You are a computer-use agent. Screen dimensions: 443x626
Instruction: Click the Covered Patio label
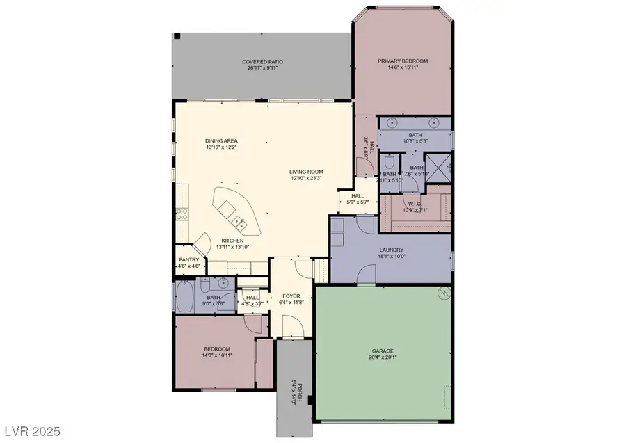pyautogui.click(x=262, y=61)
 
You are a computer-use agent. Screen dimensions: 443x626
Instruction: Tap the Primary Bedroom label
pyautogui.click(x=403, y=61)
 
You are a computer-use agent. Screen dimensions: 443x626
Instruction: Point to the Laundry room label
pyautogui.click(x=392, y=250)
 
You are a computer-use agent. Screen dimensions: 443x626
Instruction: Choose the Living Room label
pyautogui.click(x=307, y=171)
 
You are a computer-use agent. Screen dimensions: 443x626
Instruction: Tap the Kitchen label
pyautogui.click(x=232, y=241)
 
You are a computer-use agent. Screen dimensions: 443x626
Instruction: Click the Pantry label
pyautogui.click(x=189, y=260)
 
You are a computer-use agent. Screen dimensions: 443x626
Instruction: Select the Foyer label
pyautogui.click(x=291, y=296)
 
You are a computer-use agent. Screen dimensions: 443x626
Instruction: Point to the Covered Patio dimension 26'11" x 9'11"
pyautogui.click(x=262, y=68)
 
